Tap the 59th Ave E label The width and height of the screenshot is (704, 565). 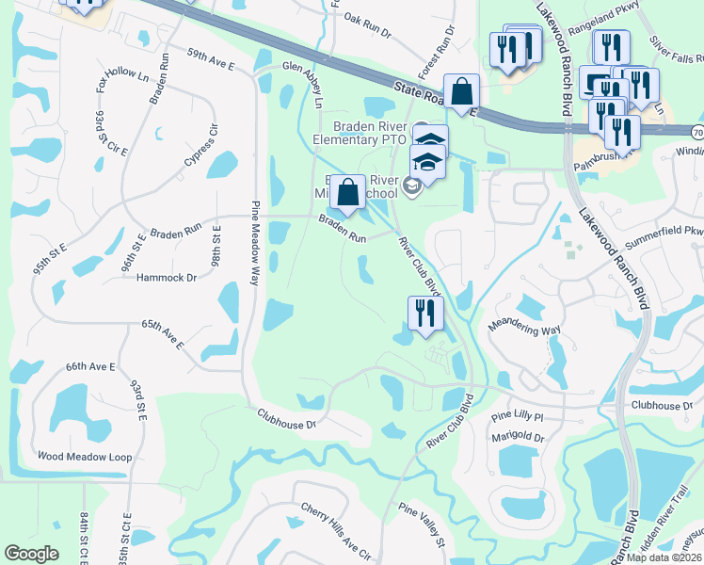tap(210, 58)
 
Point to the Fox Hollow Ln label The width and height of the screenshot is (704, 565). tap(123, 78)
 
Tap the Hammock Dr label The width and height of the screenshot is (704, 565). tap(167, 278)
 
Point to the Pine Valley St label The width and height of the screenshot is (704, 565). tap(421, 524)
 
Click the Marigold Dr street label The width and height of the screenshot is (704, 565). tap(519, 438)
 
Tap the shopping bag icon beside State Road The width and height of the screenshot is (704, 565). tap(461, 93)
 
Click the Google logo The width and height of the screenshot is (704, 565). tap(32, 555)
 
